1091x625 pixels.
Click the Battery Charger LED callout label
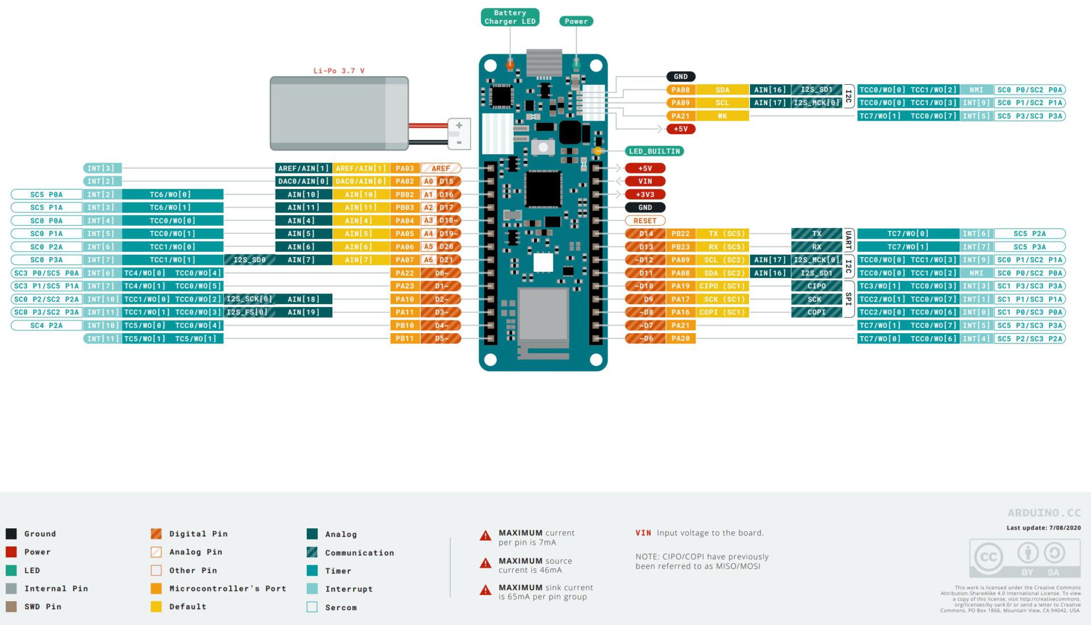click(510, 17)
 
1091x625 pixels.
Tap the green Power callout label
click(576, 21)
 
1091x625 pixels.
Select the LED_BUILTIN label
click(654, 151)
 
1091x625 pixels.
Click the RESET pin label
click(645, 221)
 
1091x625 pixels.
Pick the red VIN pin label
click(645, 181)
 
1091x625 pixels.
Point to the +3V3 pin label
click(645, 194)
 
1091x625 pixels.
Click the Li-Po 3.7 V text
click(339, 71)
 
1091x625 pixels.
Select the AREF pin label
click(440, 168)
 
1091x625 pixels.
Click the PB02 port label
click(405, 194)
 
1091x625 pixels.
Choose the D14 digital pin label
click(646, 234)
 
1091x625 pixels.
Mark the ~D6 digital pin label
click(646, 338)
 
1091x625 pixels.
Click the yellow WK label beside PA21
click(722, 116)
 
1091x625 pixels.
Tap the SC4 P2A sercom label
click(47, 325)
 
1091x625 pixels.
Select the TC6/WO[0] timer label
click(170, 194)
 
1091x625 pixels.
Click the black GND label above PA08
click(681, 77)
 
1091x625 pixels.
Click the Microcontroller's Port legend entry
click(227, 589)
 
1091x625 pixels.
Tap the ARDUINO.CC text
click(1044, 513)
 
